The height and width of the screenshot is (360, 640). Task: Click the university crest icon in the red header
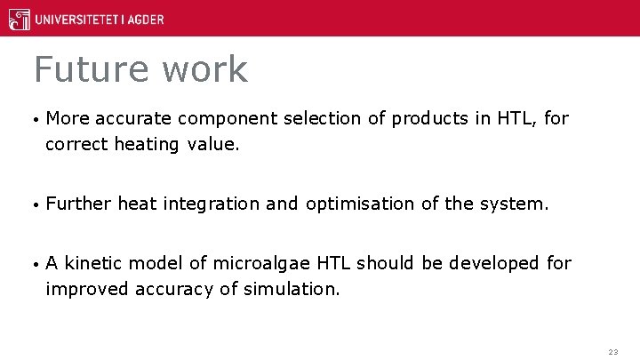(x=17, y=19)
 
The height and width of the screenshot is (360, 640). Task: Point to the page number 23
(x=612, y=352)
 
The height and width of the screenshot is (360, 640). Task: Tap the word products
(x=431, y=119)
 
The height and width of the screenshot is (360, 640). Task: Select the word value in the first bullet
(x=213, y=144)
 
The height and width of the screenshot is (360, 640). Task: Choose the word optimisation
(x=360, y=204)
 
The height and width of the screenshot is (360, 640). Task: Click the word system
(x=516, y=204)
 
